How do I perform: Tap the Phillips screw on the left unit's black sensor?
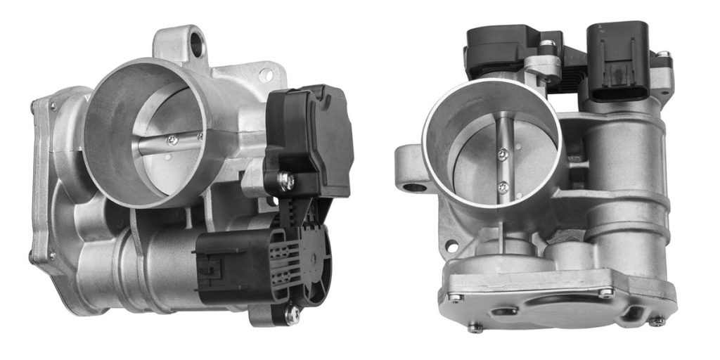(x=286, y=182)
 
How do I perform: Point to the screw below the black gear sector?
(x=291, y=314)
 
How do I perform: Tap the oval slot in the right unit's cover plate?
(x=503, y=310)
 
